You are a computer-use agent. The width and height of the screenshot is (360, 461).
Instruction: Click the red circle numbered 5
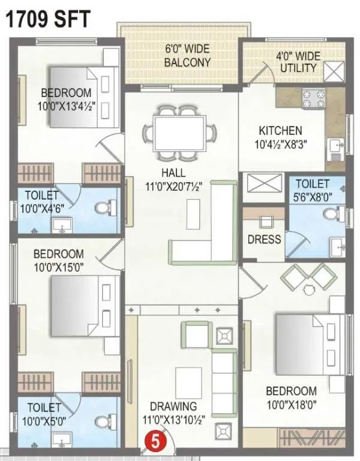pos(154,442)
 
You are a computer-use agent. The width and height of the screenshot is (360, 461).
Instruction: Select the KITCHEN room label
pos(280,131)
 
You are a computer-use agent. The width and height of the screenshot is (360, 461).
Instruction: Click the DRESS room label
pos(264,239)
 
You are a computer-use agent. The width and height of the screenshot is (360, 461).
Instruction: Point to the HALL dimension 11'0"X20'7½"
pos(172,186)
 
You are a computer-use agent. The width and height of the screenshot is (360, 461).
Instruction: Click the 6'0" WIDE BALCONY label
pos(188,56)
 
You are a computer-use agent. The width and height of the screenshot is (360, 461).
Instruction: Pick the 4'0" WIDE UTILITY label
pos(298,62)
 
